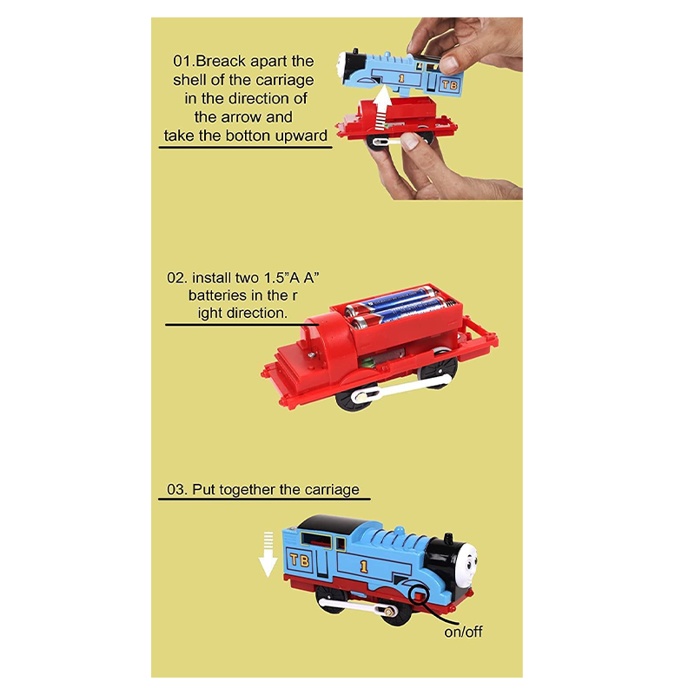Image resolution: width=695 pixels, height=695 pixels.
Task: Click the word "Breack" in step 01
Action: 221,61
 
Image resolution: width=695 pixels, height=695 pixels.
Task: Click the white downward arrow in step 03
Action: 268,554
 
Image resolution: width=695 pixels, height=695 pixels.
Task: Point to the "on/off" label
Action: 463,632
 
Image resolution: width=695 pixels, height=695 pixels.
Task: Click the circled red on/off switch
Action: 420,594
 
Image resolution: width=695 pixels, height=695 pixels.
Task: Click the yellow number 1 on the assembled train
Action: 364,566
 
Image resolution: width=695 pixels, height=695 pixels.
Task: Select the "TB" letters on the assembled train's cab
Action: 300,560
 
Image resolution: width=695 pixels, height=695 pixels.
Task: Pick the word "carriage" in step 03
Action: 332,489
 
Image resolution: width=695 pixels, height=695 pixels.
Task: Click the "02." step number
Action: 176,278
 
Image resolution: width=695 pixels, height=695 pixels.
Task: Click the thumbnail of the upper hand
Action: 449,64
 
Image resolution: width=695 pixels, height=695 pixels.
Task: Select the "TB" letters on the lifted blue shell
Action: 449,84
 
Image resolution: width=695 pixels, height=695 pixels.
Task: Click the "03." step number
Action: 176,489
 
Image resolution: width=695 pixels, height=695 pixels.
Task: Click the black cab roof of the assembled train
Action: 338,524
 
